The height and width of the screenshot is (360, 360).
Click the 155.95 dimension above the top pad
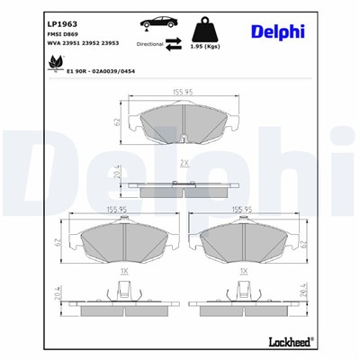coord(184,90)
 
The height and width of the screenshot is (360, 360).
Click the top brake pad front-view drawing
coord(184,126)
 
